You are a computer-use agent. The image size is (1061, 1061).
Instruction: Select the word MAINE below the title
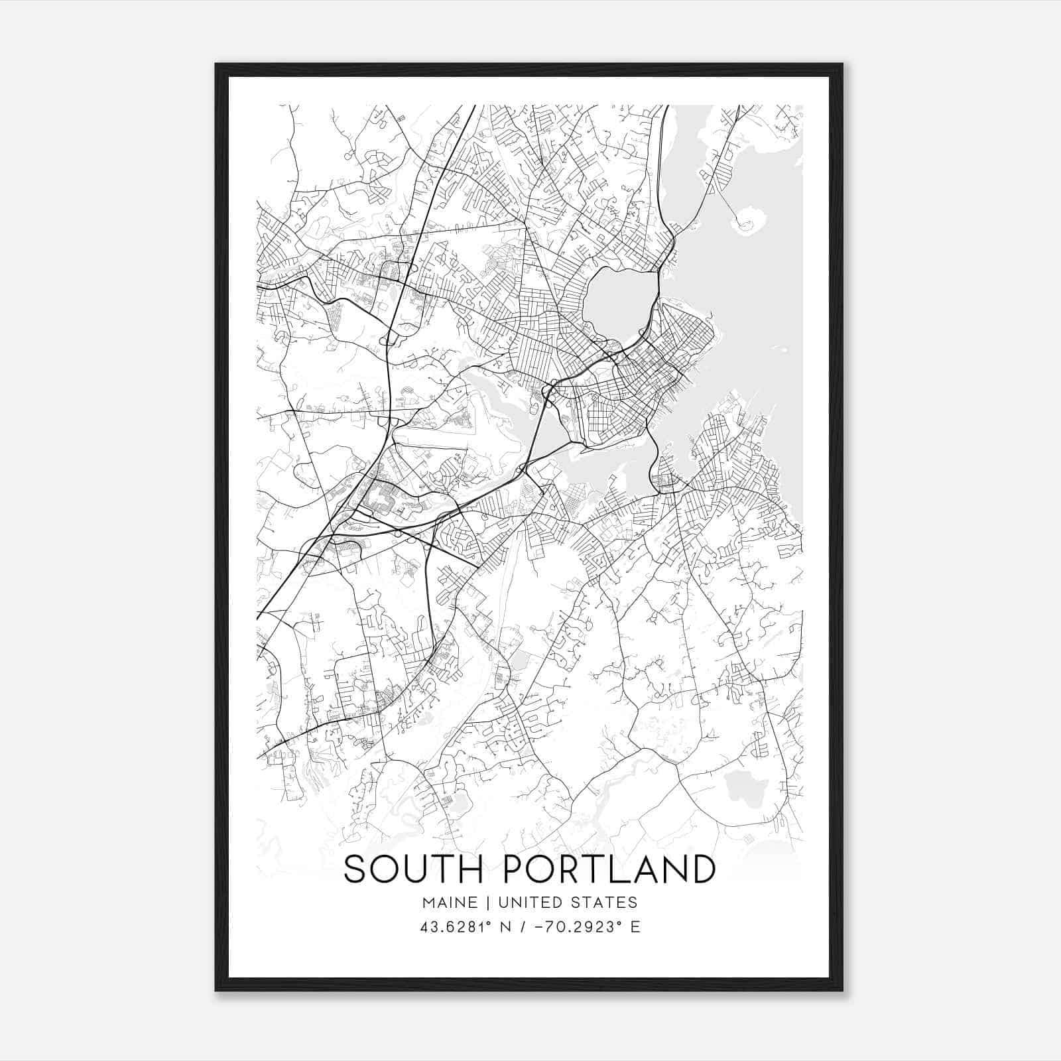point(449,903)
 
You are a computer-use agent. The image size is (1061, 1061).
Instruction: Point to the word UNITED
point(529,903)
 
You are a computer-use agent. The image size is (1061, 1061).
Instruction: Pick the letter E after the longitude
point(635,927)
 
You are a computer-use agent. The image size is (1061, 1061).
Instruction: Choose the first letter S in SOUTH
point(355,869)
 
